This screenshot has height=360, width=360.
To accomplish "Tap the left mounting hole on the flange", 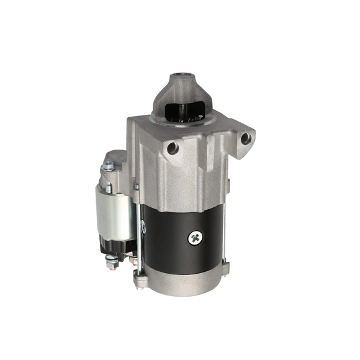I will pyautogui.click(x=173, y=148).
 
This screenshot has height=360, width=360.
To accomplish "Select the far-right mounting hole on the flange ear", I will pyautogui.click(x=246, y=138).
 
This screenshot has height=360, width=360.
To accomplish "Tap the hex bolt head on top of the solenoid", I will pyautogui.click(x=109, y=166).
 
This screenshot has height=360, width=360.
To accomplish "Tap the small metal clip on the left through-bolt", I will pyautogui.click(x=143, y=228).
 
